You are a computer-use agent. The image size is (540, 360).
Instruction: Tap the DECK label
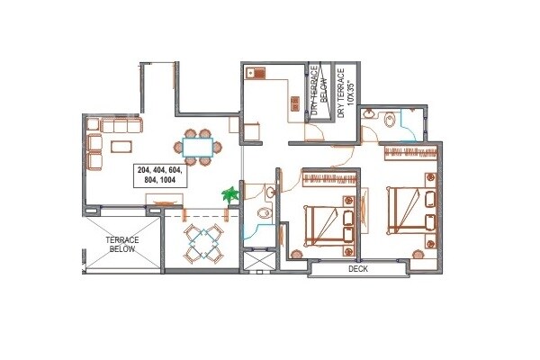pyautogui.click(x=358, y=269)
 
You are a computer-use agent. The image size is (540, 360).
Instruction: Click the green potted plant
pyautogui.click(x=231, y=193)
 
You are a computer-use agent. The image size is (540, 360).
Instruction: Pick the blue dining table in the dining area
pyautogui.click(x=197, y=145)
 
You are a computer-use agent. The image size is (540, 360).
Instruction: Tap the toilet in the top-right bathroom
pyautogui.click(x=389, y=117)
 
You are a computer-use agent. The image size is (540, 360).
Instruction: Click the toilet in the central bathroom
pyautogui.click(x=261, y=213)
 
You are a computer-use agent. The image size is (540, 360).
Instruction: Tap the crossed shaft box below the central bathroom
pyautogui.click(x=256, y=260)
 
